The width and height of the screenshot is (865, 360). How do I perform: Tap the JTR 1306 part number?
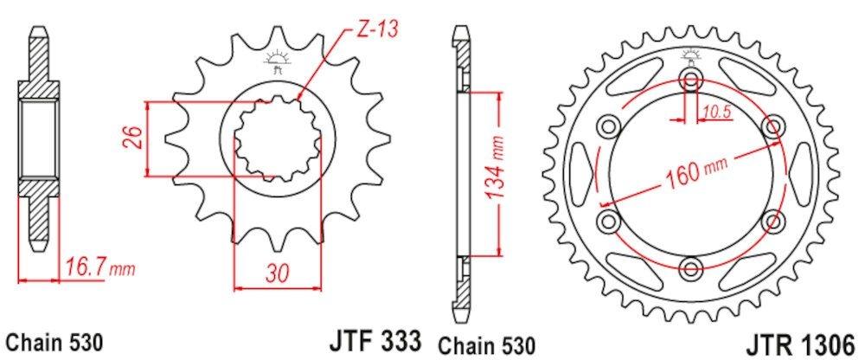click(x=804, y=338)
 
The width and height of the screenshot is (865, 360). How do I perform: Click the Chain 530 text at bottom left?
click(x=54, y=340)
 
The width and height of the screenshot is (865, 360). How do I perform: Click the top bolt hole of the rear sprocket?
click(x=690, y=81)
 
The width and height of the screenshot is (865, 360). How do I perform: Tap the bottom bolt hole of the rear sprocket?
click(x=690, y=265)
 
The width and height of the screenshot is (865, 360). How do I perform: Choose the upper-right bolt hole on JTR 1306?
click(x=770, y=127)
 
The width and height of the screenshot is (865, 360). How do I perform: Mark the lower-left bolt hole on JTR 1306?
click(x=611, y=219)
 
